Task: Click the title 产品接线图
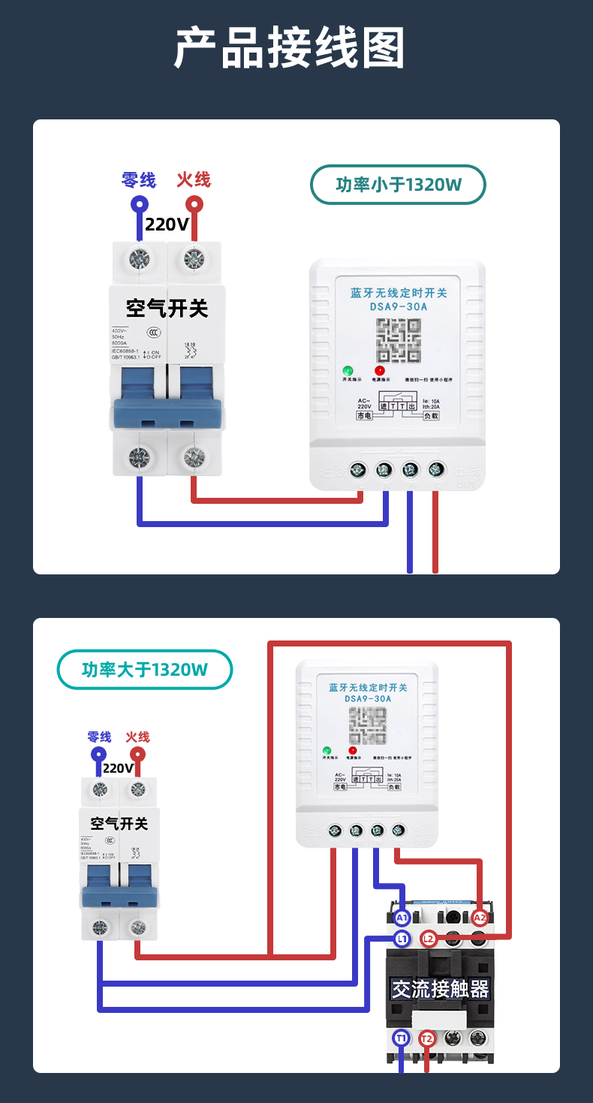(x=290, y=49)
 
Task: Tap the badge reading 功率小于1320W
(x=398, y=185)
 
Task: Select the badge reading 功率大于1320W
(x=145, y=670)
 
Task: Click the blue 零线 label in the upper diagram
(x=139, y=180)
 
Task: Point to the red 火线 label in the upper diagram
(x=194, y=180)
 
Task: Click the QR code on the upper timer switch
(x=399, y=340)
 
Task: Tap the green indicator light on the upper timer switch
(x=348, y=370)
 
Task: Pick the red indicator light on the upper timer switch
(x=380, y=370)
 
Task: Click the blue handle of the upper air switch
(x=167, y=414)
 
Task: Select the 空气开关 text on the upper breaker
(x=167, y=307)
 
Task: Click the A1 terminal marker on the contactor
(x=402, y=918)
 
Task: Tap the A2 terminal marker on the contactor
(x=480, y=918)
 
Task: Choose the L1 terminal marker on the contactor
(x=402, y=938)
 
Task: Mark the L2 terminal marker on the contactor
(x=429, y=938)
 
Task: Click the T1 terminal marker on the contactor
(x=402, y=1038)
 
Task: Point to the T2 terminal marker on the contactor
(x=427, y=1038)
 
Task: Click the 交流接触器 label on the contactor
(x=440, y=989)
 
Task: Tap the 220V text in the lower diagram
(x=118, y=768)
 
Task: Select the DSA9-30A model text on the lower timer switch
(x=368, y=699)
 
